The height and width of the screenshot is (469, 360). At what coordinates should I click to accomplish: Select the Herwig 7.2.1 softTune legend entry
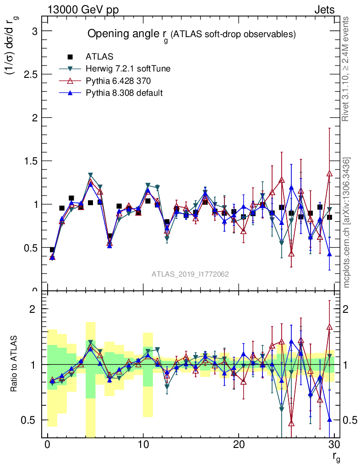pyautogui.click(x=128, y=69)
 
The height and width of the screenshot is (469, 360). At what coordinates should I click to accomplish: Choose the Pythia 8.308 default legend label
pyautogui.click(x=124, y=93)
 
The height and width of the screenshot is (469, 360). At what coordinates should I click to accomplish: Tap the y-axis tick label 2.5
pyautogui.click(x=28, y=74)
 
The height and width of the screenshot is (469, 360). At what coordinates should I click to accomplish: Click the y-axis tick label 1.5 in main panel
pyautogui.click(x=28, y=161)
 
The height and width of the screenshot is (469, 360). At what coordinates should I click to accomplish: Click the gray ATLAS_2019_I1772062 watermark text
pyautogui.click(x=191, y=274)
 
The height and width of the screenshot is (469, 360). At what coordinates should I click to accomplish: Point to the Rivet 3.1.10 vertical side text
pyautogui.click(x=346, y=69)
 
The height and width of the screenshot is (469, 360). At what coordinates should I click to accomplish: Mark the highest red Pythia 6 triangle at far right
pyautogui.click(x=329, y=174)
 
